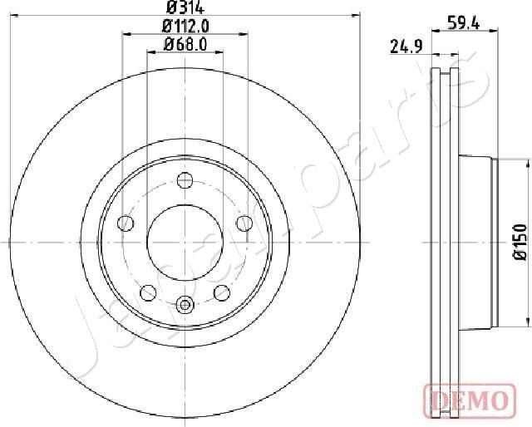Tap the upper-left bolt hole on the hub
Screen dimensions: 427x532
coord(126,222)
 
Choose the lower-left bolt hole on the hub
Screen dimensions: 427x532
coord(148,292)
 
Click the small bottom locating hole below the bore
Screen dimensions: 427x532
coord(185,303)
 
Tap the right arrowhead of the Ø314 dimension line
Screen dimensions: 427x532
coord(357,15)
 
